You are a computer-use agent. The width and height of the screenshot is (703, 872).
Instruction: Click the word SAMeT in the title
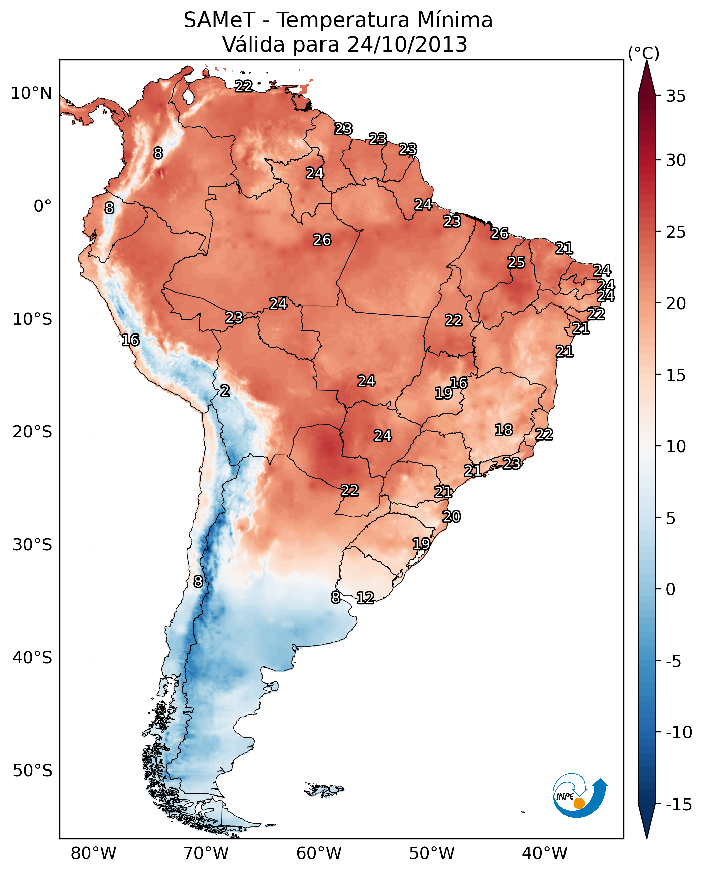[219, 20]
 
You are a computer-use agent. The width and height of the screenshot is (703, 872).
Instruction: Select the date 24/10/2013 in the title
[407, 45]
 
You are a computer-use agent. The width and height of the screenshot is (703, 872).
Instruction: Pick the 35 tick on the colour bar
[676, 96]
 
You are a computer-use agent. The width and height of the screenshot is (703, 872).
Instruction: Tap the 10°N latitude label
[31, 94]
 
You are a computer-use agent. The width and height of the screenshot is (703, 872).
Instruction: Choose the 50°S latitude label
[32, 771]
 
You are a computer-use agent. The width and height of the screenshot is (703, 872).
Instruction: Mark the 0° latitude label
[42, 206]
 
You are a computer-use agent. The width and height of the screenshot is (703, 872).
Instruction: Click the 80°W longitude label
[94, 853]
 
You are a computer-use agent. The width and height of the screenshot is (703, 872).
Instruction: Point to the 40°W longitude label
[545, 853]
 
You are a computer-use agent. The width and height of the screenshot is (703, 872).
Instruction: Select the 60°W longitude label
[319, 853]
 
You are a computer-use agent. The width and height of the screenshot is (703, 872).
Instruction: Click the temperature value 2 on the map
[225, 391]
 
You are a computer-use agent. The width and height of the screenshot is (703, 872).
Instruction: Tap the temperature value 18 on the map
[504, 430]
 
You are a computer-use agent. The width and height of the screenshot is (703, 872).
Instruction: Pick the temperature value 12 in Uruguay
[365, 598]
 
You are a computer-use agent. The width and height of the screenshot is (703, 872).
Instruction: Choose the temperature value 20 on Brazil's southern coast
[452, 517]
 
